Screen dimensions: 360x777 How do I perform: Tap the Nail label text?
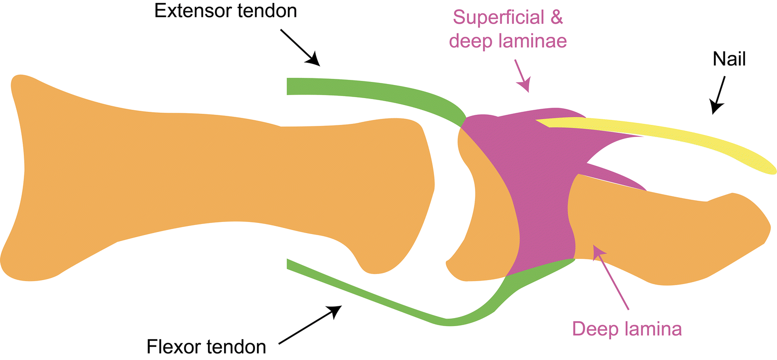click(x=729, y=60)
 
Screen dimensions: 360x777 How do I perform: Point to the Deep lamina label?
click(x=627, y=329)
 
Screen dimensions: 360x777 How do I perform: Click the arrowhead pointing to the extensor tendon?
click(x=314, y=60)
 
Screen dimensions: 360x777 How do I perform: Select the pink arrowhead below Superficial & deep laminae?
click(x=525, y=84)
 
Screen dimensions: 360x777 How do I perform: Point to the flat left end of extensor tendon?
click(x=288, y=86)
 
